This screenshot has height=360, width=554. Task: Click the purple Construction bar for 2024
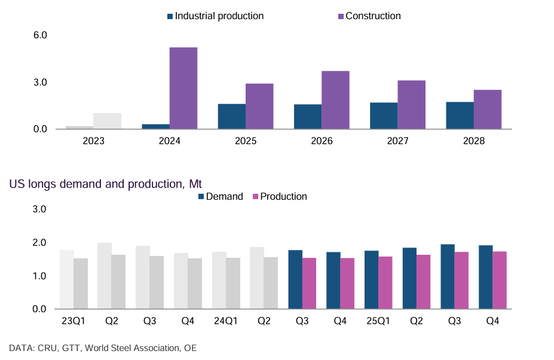(183, 88)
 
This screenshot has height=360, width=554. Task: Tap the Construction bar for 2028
(488, 109)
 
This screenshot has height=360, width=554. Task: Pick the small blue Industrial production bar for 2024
(155, 126)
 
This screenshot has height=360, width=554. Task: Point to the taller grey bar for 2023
(108, 121)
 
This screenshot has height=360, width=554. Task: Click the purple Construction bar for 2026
(336, 100)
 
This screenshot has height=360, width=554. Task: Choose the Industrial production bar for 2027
(384, 116)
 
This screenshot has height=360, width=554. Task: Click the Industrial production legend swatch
(170, 16)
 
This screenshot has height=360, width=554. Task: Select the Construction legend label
(373, 16)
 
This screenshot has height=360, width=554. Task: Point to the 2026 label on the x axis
(322, 142)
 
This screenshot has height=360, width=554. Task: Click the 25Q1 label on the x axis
(378, 321)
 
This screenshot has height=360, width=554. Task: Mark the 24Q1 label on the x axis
(226, 321)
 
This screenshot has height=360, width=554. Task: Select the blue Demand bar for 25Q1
(371, 280)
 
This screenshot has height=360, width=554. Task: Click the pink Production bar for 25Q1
(385, 283)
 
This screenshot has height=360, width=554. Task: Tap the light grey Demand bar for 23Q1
(66, 279)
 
